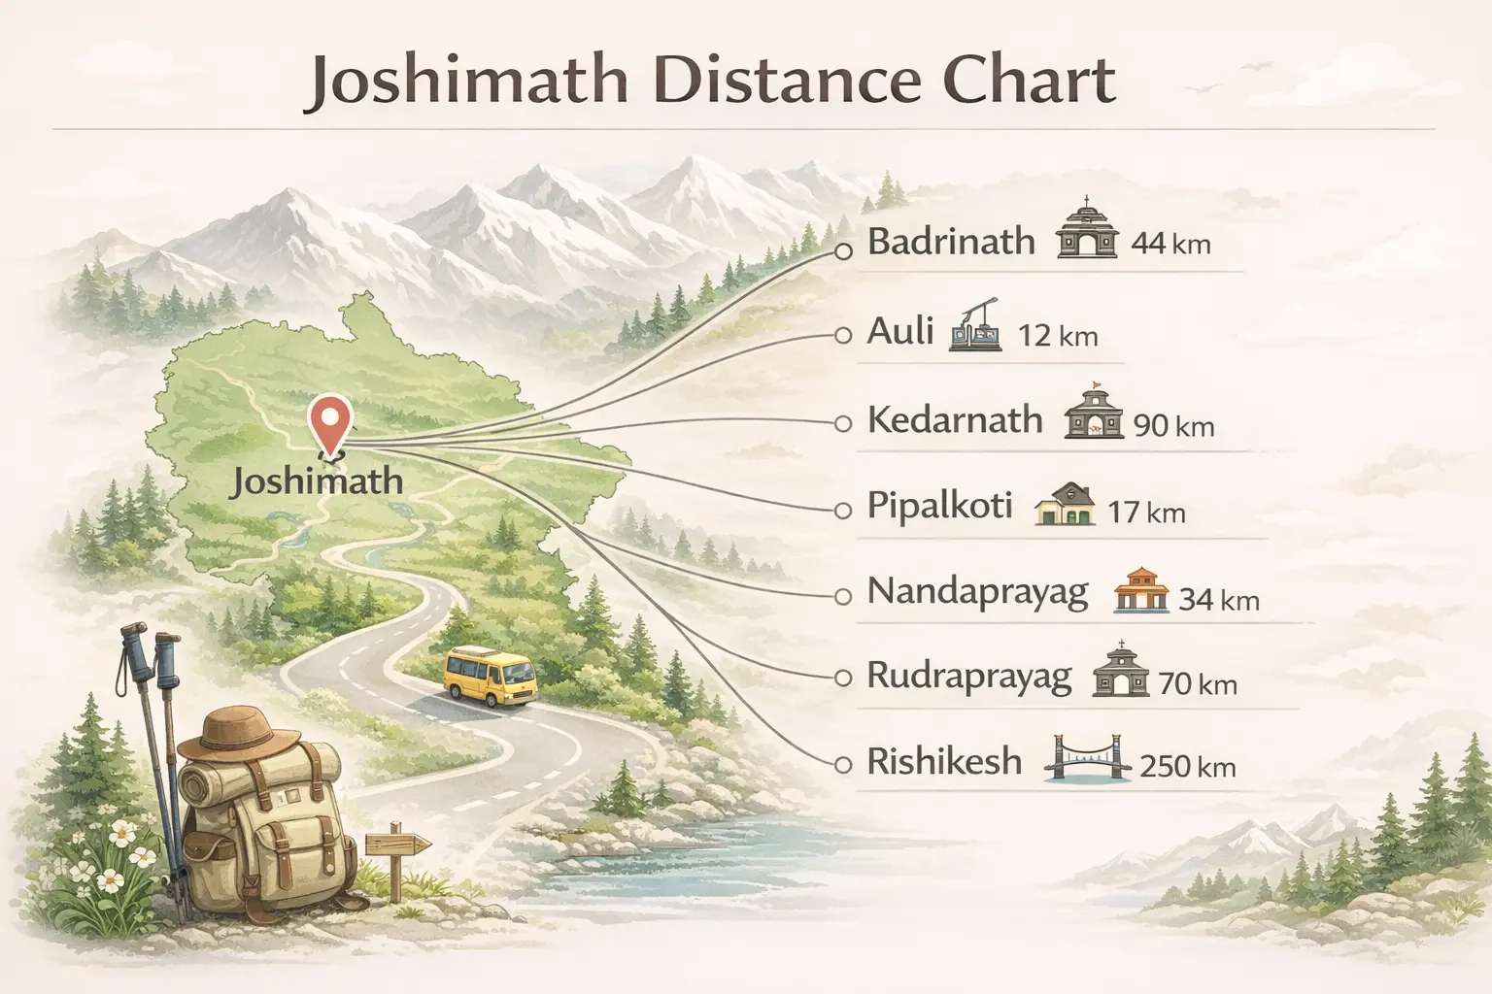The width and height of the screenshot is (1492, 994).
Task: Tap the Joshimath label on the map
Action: [316, 480]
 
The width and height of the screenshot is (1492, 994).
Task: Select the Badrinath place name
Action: [951, 242]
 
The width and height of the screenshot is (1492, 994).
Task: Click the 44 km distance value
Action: [1170, 243]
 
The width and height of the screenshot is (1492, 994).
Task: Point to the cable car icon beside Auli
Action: [975, 325]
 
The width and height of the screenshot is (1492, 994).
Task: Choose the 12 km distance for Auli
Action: [1057, 337]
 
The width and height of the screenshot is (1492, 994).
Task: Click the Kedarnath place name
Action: [954, 420]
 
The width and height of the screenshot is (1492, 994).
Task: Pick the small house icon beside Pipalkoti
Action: [1066, 505]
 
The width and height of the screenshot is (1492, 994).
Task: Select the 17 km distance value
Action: [1146, 512]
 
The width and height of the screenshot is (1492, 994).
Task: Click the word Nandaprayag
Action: [977, 592]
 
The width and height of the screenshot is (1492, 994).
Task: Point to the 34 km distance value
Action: [1218, 600]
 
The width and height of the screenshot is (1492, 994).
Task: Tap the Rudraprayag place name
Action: [968, 676]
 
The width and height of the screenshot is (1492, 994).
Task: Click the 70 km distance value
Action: [1198, 684]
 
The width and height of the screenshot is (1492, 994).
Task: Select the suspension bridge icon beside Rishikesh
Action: [1087, 761]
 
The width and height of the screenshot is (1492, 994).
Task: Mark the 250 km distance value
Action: [1187, 767]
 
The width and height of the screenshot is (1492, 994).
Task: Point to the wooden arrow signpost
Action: [396, 845]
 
